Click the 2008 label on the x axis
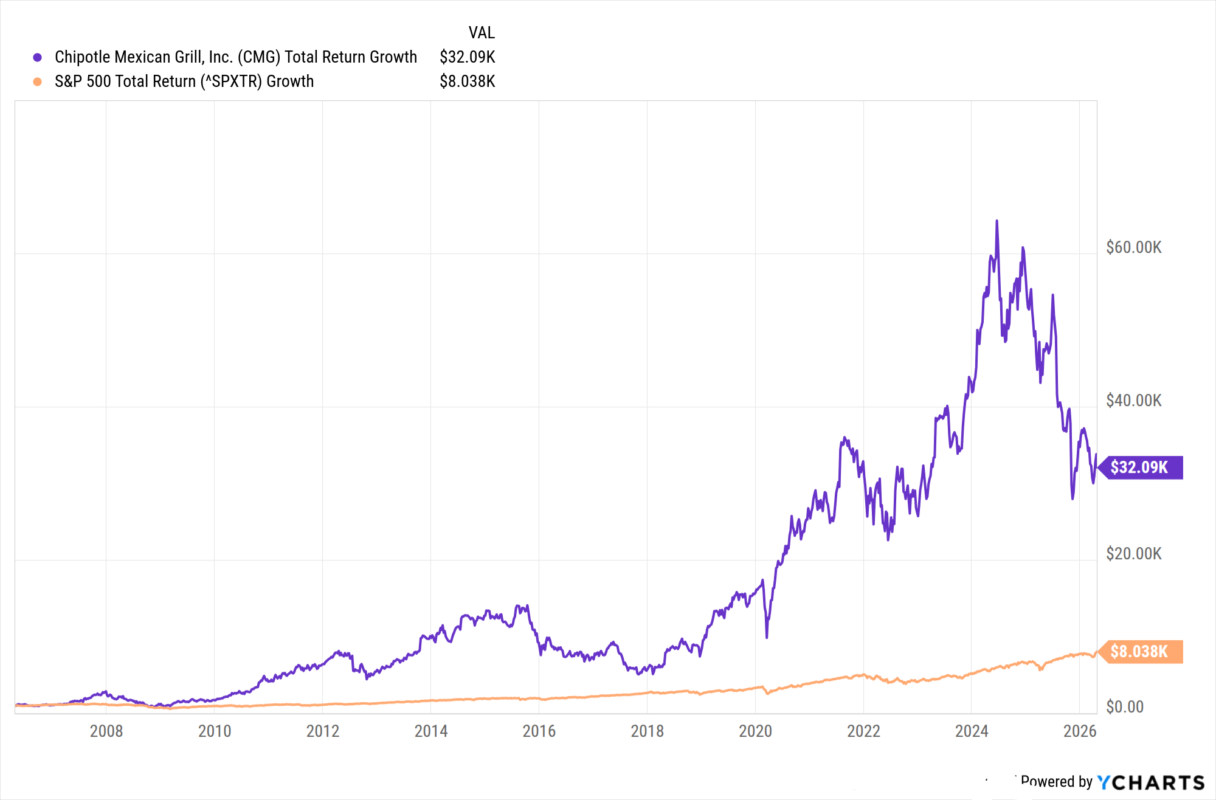pos(106,731)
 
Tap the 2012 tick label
pos(323,731)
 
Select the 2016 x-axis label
pos(539,731)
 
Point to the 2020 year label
pos(755,731)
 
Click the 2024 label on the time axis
pos(972,731)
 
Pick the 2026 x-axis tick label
pos(1080,731)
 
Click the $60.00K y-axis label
pos(1133,247)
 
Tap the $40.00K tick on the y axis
pos(1133,401)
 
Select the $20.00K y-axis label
pos(1133,554)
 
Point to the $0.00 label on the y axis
pos(1125,707)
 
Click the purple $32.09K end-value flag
pos(1139,467)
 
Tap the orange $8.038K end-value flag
pos(1139,652)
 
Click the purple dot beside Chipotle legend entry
pos(38,57)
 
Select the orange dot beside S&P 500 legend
pos(38,81)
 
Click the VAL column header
pos(482,32)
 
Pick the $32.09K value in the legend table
pos(467,57)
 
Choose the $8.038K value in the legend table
pos(467,81)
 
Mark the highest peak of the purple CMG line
pos(997,221)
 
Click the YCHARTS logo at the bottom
pos(1150,782)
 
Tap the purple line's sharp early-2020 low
pos(767,636)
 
